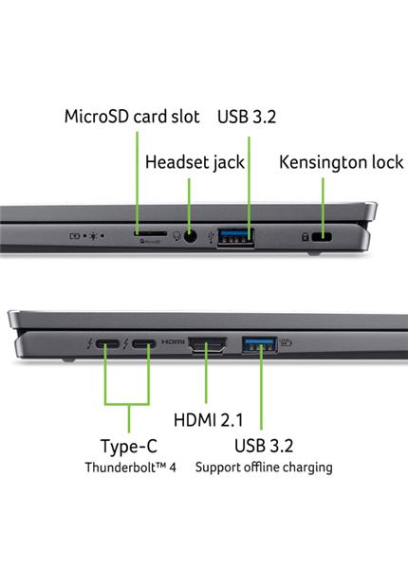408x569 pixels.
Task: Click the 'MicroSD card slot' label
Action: coord(131,117)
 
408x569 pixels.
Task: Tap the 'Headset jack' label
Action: coord(195,162)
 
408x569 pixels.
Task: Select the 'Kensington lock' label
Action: coord(341,162)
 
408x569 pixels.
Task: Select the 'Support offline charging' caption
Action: coord(264,468)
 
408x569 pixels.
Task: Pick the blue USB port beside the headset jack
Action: coord(235,236)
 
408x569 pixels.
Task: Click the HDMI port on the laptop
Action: coord(208,347)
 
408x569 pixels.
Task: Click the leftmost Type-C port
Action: coord(107,346)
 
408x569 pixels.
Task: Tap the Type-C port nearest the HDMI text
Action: coord(145,346)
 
